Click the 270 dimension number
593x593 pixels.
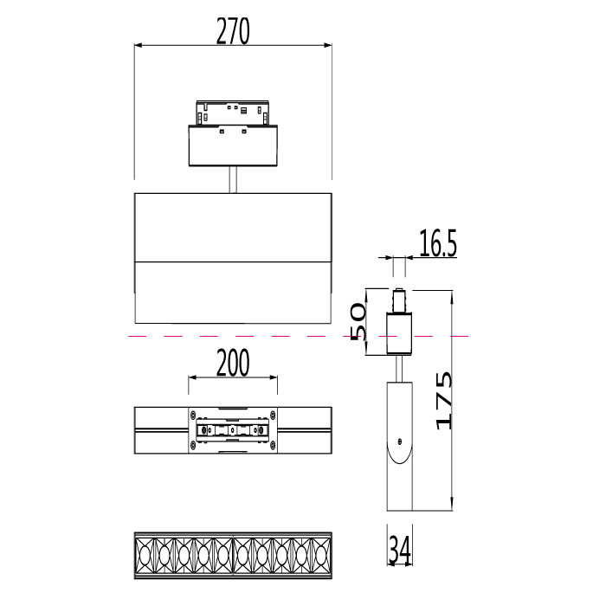click(233, 31)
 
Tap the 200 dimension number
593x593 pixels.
click(233, 363)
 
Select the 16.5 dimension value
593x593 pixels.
click(438, 243)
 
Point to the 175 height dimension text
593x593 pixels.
click(444, 401)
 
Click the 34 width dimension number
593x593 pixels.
click(400, 550)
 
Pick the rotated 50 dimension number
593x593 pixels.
click(358, 321)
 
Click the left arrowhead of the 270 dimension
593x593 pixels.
click(138, 45)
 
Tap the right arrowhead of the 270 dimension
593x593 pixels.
click(328, 45)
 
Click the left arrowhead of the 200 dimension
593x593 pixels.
click(192, 377)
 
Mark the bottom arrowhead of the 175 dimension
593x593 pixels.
click(451, 506)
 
